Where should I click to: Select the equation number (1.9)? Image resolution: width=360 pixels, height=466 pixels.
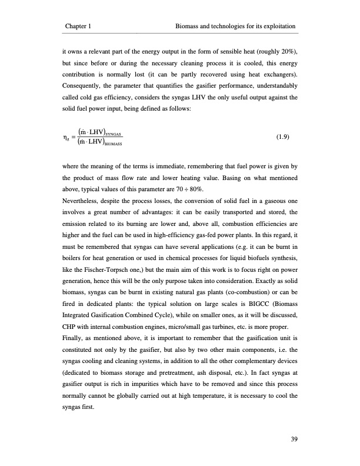(x=285, y=139)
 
